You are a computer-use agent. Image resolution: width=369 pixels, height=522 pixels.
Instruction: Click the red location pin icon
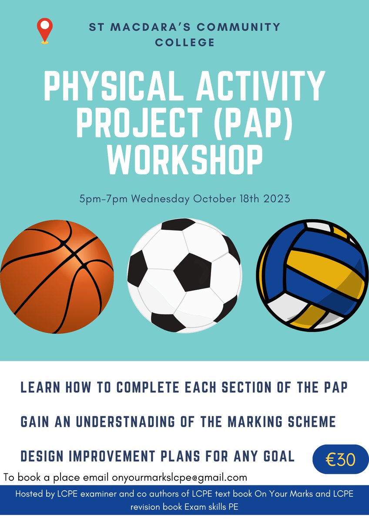[45, 30]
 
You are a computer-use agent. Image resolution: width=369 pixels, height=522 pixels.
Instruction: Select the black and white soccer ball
[184, 275]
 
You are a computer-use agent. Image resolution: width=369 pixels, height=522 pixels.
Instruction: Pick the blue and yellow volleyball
[312, 275]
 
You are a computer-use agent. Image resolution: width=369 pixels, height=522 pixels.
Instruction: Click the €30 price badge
[341, 459]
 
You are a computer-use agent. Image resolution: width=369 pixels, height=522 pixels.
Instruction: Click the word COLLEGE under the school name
[184, 43]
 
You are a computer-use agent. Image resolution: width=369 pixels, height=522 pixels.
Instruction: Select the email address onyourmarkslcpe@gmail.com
[179, 477]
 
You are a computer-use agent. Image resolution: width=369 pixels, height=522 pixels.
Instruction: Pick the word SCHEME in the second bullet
[309, 422]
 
